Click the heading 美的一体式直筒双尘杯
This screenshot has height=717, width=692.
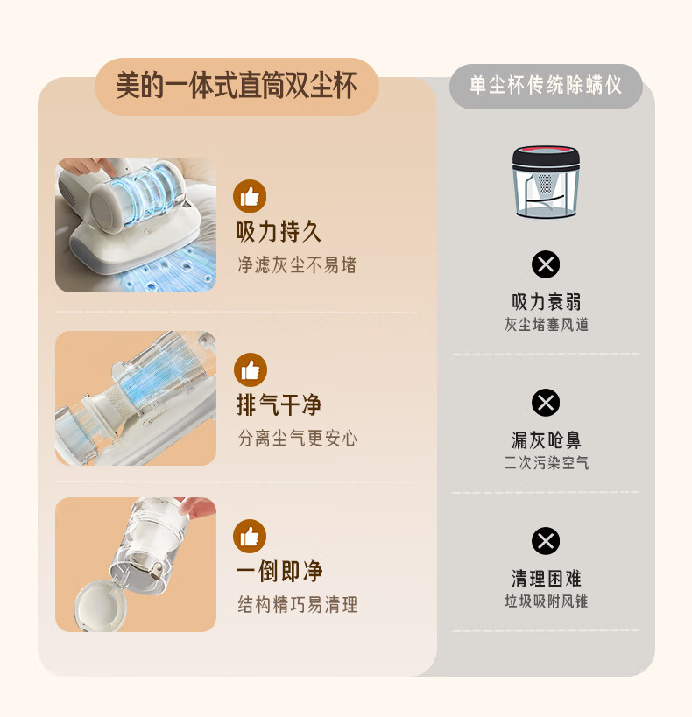click(x=237, y=86)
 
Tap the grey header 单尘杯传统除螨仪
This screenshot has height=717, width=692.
click(x=546, y=86)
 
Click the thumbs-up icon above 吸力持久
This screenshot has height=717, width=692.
click(x=250, y=196)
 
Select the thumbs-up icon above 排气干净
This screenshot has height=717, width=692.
click(x=251, y=369)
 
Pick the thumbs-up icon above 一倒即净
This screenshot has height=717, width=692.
click(x=250, y=536)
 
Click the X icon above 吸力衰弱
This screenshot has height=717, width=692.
click(x=546, y=264)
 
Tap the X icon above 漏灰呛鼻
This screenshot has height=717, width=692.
click(x=546, y=403)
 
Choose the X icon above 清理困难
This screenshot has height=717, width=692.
click(x=546, y=541)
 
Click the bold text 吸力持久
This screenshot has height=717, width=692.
click(x=279, y=231)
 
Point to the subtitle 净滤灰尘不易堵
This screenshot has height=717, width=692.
click(x=297, y=264)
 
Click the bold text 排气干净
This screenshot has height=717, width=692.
click(x=279, y=404)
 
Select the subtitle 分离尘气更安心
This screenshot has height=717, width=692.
click(x=297, y=438)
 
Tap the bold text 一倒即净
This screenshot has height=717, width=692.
click(x=279, y=571)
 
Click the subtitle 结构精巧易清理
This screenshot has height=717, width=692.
click(x=298, y=605)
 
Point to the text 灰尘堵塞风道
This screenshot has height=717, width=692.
click(x=546, y=325)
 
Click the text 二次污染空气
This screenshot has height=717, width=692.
click(x=546, y=463)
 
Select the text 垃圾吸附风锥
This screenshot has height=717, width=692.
click(x=546, y=601)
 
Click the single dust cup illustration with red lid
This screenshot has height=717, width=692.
click(x=546, y=181)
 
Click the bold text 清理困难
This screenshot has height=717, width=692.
click(x=546, y=579)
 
